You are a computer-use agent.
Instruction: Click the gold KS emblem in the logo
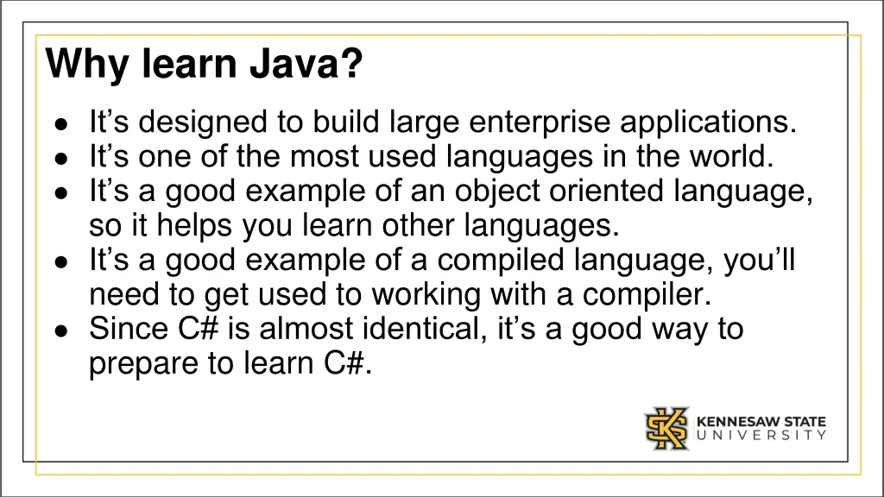pos(666,428)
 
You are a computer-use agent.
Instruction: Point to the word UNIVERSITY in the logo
pos(761,436)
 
